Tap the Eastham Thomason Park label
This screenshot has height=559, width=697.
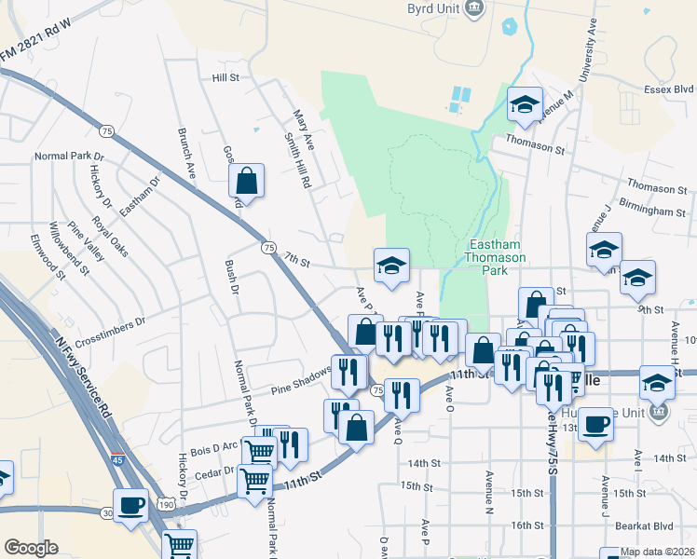495,257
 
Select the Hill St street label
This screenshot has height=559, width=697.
225,78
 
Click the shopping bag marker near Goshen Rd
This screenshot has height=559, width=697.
246,180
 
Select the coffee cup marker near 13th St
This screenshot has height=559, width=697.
595,424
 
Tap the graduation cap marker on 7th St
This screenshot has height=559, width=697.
391,266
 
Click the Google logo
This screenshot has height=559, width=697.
31,548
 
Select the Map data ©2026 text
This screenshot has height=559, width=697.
656,552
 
